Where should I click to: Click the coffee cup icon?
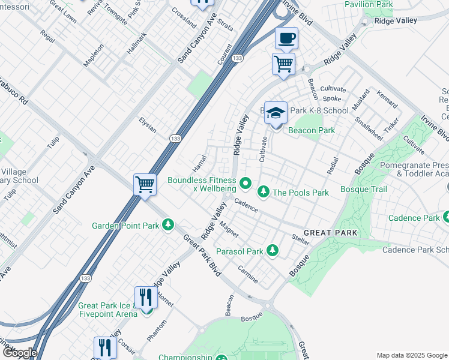pyautogui.click(x=286, y=39)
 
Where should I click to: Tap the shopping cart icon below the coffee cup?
pyautogui.click(x=283, y=64)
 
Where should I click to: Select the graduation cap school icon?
pyautogui.click(x=276, y=112)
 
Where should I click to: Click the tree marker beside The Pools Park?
pyautogui.click(x=263, y=192)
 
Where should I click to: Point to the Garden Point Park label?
pyautogui.click(x=125, y=226)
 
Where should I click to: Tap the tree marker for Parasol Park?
pyautogui.click(x=273, y=249)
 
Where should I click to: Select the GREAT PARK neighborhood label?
pyautogui.click(x=330, y=232)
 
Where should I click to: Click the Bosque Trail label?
pyautogui.click(x=364, y=189)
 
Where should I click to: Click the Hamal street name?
pyautogui.click(x=199, y=161)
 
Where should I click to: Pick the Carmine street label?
pyautogui.click(x=248, y=275)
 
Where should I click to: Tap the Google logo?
pyautogui.click(x=20, y=353)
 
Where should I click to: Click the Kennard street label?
pyautogui.click(x=387, y=98)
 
